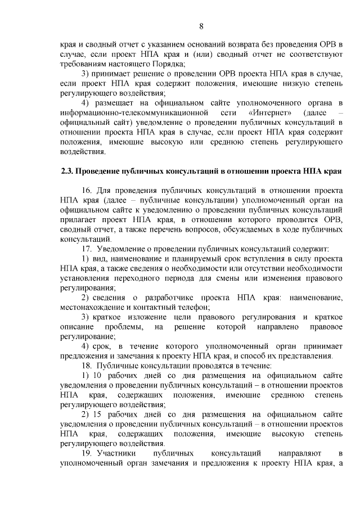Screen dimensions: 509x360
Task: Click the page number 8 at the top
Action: point(201,25)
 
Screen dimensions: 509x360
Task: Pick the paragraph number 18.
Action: point(87,365)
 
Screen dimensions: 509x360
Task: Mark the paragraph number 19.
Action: point(87,452)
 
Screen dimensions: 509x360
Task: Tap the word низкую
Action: point(276,83)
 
